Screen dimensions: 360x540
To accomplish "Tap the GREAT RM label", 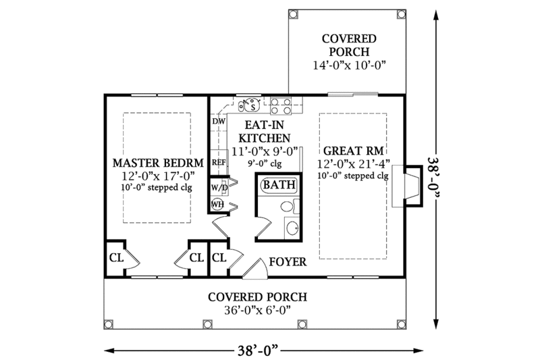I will click(x=353, y=151).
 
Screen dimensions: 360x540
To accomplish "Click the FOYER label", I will click(x=289, y=261).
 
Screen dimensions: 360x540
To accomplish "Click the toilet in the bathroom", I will click(x=286, y=207).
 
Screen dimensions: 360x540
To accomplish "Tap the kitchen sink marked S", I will click(x=251, y=105).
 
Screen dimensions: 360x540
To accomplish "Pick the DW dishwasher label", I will click(x=218, y=121).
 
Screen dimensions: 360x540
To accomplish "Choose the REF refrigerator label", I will click(x=219, y=163).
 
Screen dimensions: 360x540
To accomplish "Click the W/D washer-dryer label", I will click(x=218, y=186).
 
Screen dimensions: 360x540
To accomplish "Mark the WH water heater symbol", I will click(x=218, y=203).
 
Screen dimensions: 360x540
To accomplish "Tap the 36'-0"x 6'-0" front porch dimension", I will click(x=257, y=310).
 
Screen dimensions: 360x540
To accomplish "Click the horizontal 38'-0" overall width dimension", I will click(x=257, y=349).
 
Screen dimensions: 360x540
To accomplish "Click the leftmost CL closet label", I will click(x=115, y=257).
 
